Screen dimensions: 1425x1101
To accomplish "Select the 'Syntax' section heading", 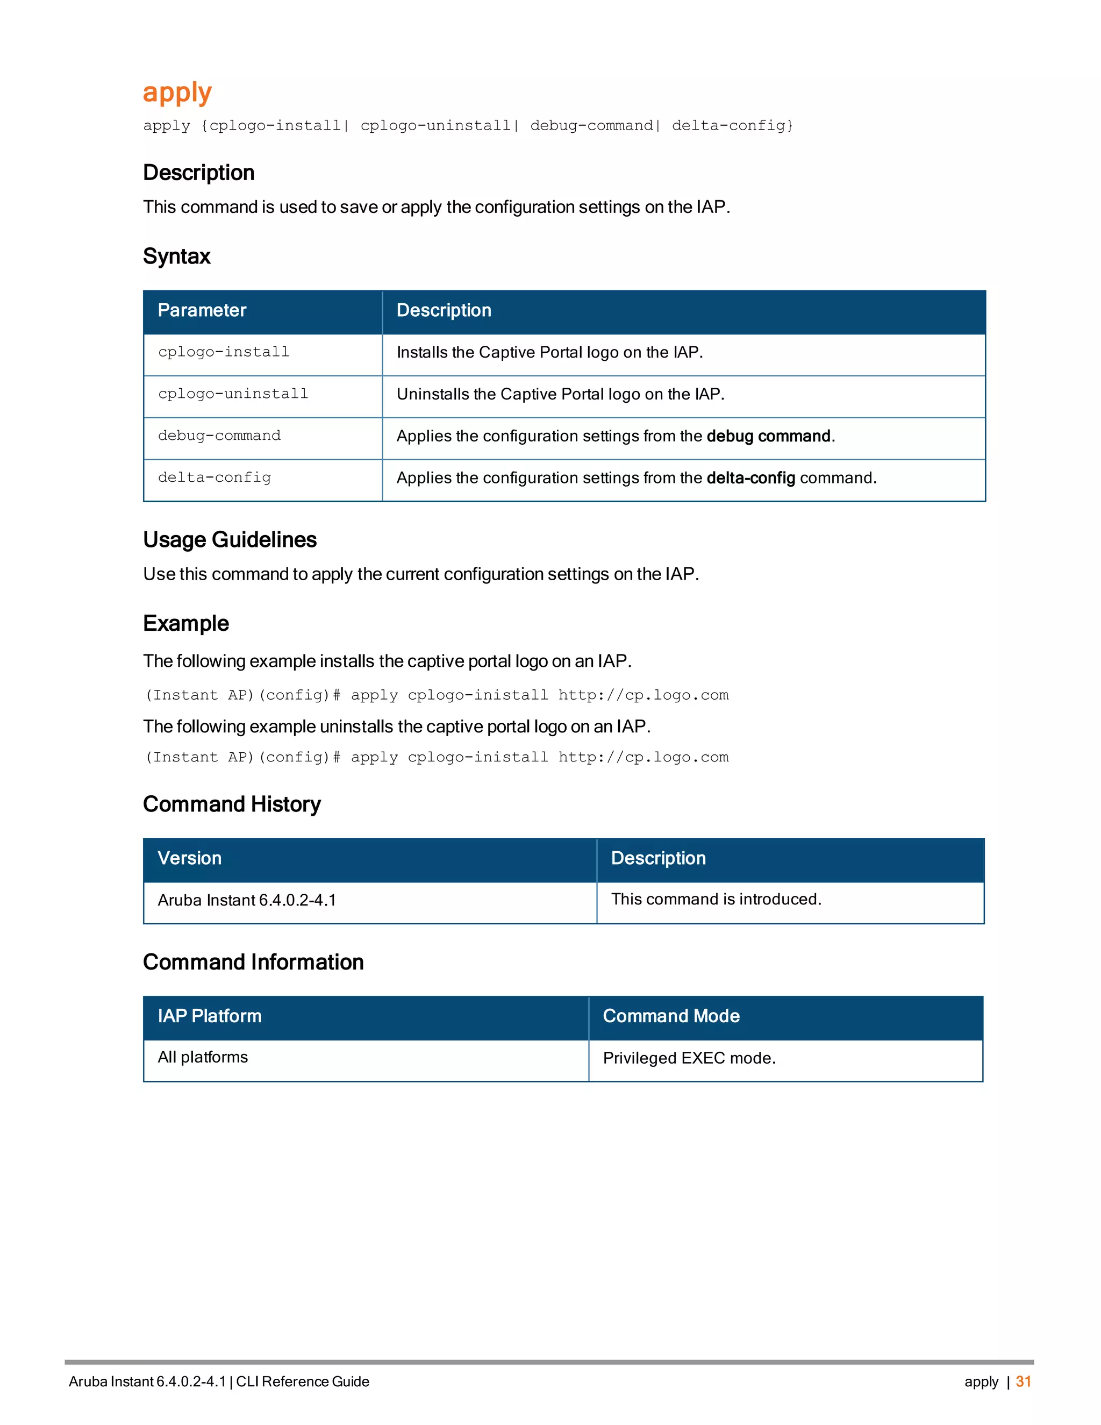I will (x=176, y=256).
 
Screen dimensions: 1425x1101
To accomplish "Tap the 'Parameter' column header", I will (x=202, y=311).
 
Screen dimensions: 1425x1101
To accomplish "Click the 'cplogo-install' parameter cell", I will (x=223, y=352).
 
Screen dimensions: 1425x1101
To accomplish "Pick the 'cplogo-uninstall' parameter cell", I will (x=233, y=394).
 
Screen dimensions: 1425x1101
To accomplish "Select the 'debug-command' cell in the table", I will (x=219, y=436).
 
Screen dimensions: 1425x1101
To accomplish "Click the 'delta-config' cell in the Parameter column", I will (x=214, y=478).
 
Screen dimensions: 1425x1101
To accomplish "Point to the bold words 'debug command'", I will (x=768, y=436).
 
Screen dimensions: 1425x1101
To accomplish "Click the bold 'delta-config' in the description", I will (x=750, y=478).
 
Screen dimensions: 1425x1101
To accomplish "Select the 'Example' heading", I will (x=186, y=623).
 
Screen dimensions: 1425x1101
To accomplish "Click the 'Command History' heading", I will (x=232, y=804).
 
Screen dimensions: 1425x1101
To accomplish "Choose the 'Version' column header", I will (x=189, y=858).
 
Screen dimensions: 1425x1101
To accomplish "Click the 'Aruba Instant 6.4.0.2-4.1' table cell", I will (x=247, y=900).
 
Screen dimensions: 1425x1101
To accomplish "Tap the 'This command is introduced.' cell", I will (x=716, y=899).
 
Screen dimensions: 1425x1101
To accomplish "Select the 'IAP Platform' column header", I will (x=209, y=1016).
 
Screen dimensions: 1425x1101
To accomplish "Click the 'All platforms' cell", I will (x=202, y=1057).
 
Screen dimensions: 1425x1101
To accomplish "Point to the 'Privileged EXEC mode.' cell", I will (x=689, y=1058).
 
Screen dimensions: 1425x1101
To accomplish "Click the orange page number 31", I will (x=1023, y=1381).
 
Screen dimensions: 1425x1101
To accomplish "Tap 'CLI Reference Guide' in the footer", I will (x=302, y=1381).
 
